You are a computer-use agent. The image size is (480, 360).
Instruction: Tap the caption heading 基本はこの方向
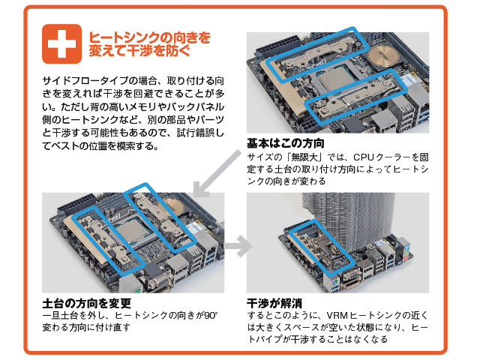289,143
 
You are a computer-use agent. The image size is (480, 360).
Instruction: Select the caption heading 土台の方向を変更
87,303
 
